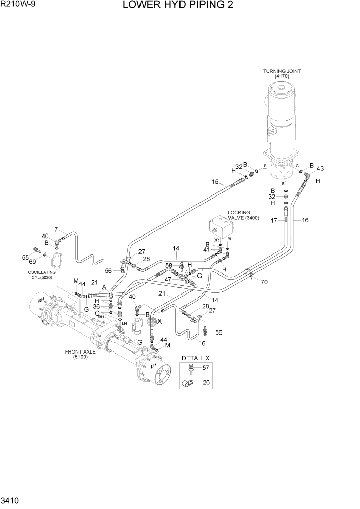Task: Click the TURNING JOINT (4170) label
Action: [282, 73]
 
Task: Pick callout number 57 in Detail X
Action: [206, 368]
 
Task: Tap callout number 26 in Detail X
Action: [206, 382]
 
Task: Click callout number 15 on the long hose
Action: [215, 182]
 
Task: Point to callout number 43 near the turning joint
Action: [320, 169]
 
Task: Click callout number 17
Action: [274, 221]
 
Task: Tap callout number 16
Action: [305, 220]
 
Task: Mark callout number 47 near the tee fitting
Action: [167, 279]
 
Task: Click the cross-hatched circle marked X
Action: [151, 321]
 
